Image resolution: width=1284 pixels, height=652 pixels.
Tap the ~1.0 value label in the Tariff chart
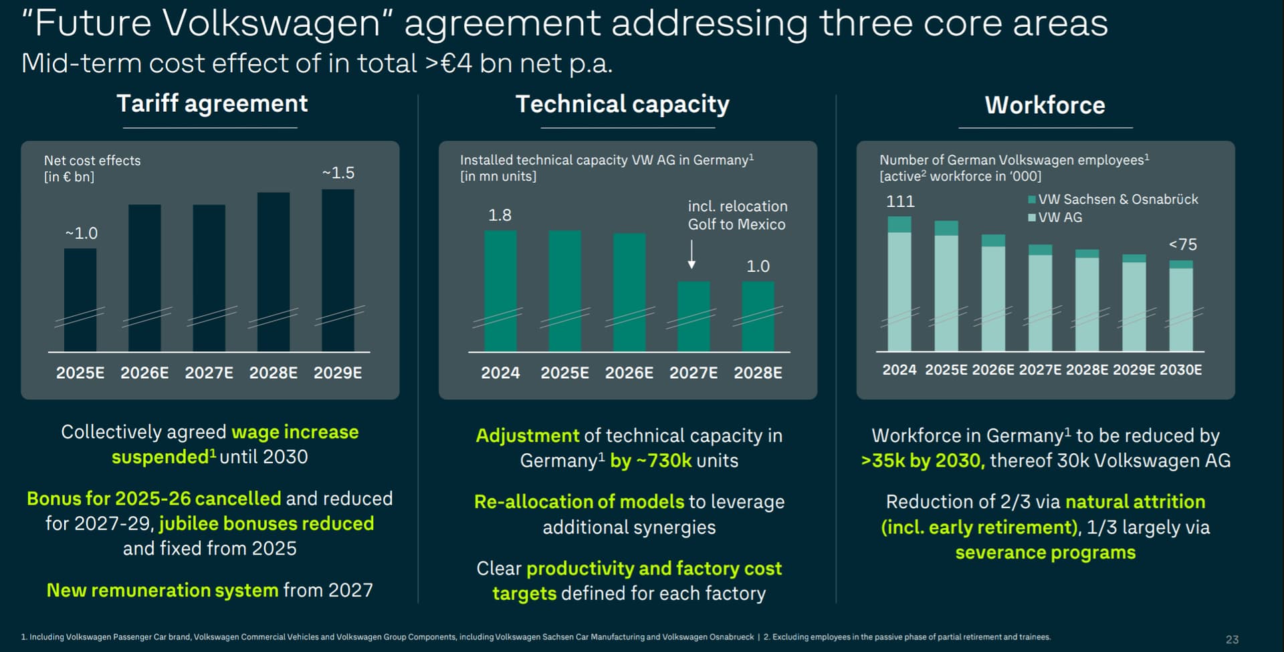[82, 233]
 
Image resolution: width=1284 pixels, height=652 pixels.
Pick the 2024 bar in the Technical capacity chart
[500, 291]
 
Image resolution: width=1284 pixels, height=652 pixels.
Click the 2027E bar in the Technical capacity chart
[693, 316]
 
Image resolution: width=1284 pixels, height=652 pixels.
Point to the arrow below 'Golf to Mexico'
[691, 254]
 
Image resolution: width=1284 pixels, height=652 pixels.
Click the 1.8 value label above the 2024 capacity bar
[500, 215]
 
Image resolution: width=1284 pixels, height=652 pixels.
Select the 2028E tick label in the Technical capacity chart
[758, 373]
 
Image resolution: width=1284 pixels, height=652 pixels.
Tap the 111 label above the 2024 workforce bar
[900, 201]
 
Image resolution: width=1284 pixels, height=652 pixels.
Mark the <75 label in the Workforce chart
[1182, 244]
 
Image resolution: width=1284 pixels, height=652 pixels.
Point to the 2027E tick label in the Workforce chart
[1040, 370]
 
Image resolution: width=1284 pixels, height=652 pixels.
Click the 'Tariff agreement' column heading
[212, 104]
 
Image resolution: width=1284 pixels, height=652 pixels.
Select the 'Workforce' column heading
[1045, 105]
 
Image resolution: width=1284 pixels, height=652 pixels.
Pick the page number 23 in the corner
[1232, 639]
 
